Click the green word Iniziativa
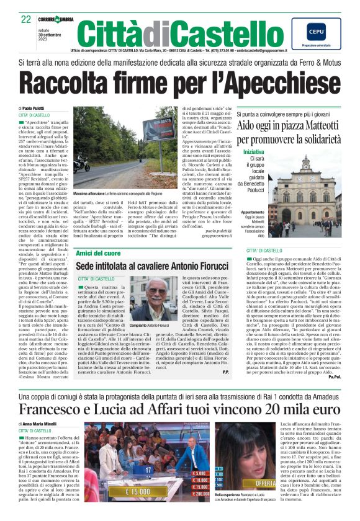point(253,151)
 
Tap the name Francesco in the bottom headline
point(58,413)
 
